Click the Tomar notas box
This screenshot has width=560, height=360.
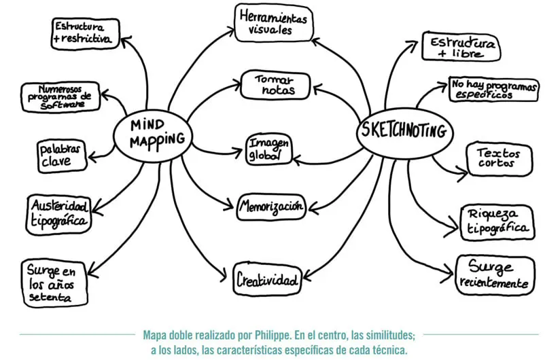tap(275, 85)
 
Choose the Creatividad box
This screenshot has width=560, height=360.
tap(267, 278)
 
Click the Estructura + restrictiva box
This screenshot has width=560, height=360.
tap(83, 34)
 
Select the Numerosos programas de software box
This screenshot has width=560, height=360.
tap(60, 97)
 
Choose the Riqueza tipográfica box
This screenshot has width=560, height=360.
tap(495, 221)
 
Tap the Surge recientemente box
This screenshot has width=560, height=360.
tap(493, 274)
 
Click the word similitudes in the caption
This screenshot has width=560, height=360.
tap(385, 336)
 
